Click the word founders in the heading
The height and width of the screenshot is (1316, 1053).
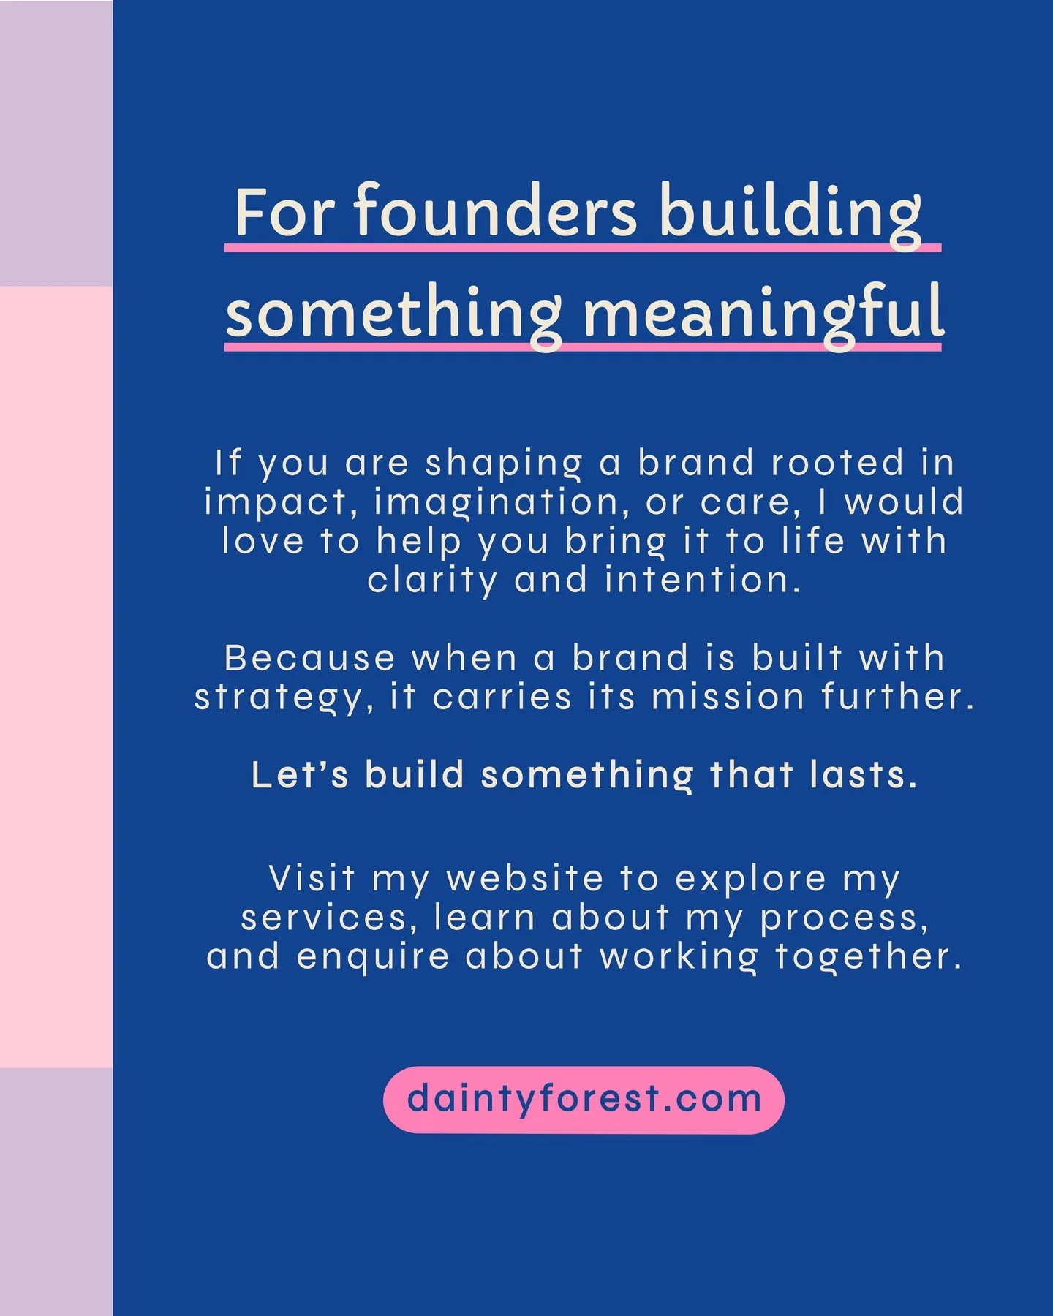(x=496, y=212)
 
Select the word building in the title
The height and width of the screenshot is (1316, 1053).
(x=790, y=212)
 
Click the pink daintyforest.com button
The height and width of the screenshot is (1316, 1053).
(x=584, y=1100)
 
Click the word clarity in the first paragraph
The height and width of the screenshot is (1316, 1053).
(x=432, y=581)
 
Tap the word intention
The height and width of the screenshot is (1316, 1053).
(x=702, y=581)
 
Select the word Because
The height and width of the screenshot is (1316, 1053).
(x=309, y=658)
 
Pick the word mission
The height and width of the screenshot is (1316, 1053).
(x=728, y=697)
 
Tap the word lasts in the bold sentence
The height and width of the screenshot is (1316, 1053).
(x=863, y=775)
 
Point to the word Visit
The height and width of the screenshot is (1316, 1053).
(x=312, y=878)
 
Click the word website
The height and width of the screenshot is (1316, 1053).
(x=525, y=878)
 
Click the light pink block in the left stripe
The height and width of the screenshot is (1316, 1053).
(x=56, y=676)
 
